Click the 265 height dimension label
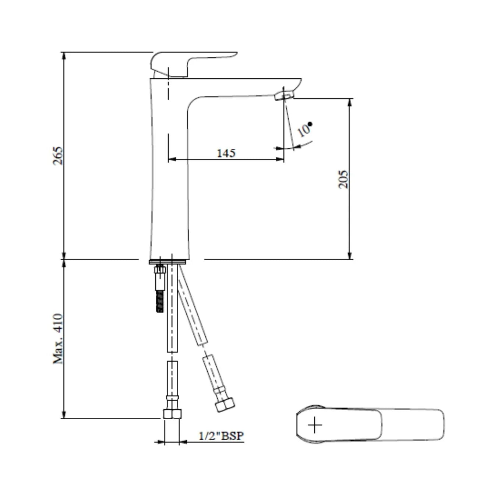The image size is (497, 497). [58, 156]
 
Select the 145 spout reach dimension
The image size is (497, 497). [226, 153]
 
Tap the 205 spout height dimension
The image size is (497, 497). [343, 179]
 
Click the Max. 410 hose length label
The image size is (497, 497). [58, 339]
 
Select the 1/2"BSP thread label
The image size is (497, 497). [221, 436]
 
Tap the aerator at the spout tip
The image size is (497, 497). [284, 96]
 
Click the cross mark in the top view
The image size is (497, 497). [315, 425]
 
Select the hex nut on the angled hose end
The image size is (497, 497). [225, 405]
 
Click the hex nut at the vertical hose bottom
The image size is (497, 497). [172, 414]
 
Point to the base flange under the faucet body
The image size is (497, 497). [169, 262]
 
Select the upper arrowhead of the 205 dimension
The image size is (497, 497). [349, 102]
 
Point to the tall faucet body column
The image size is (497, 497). [169, 177]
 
